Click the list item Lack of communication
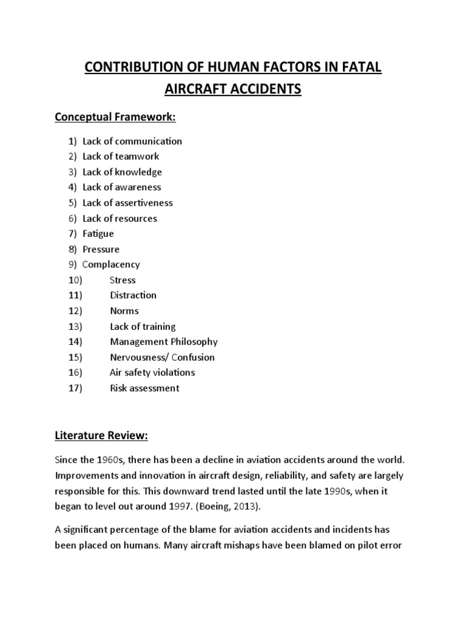click(132, 141)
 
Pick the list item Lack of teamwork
click(121, 156)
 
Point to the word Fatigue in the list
click(98, 233)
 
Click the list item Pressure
click(101, 249)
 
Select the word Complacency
click(111, 264)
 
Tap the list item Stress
click(123, 280)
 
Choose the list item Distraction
click(133, 295)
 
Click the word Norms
click(124, 310)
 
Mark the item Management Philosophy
click(163, 341)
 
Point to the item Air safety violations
click(152, 372)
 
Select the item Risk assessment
click(144, 388)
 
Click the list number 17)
click(75, 388)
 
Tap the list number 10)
click(75, 280)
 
